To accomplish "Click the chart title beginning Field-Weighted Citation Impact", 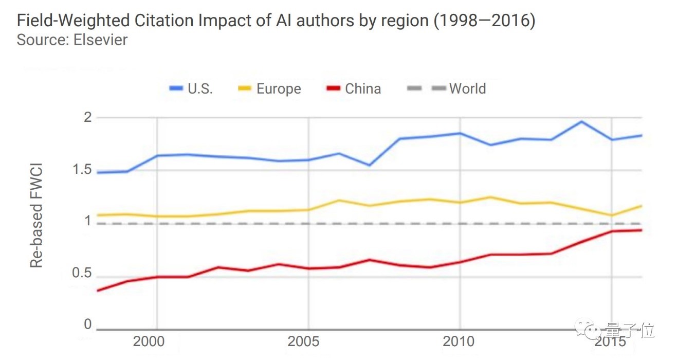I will point(276,21).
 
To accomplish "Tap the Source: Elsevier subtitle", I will point(72,40).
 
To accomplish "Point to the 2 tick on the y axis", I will point(87,117).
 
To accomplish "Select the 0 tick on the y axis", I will point(87,325).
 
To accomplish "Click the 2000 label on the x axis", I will point(156,341).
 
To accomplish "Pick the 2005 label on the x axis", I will point(308,341).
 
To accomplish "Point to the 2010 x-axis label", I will point(459,341).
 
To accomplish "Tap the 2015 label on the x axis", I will point(611,341).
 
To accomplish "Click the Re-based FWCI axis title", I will point(36,216).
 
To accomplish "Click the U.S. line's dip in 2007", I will point(369,165).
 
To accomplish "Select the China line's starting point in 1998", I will point(97,291).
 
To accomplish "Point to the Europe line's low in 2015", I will point(612,215).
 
